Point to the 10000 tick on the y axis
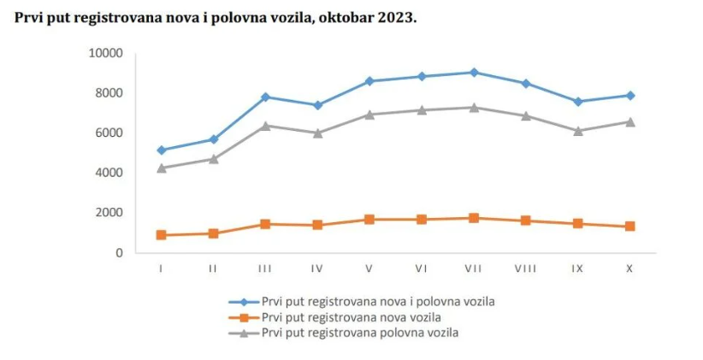point(105,53)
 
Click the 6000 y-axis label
point(108,133)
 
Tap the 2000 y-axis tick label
point(108,213)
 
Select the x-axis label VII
point(473,269)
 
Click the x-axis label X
point(629,269)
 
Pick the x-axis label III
point(265,269)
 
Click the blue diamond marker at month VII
point(474,72)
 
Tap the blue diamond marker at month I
point(161,150)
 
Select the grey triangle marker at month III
point(265,126)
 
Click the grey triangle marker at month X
point(629,121)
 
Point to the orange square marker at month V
point(369,220)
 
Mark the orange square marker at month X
point(629,227)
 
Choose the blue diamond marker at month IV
point(317,105)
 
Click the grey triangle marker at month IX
point(577,131)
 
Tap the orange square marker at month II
point(213,233)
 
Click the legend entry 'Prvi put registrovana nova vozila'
point(351,317)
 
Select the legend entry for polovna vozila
point(359,333)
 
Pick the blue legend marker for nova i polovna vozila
point(244,302)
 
